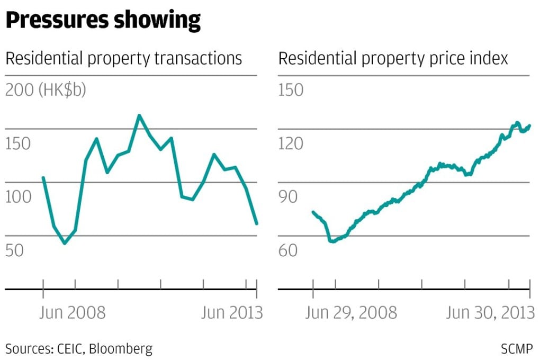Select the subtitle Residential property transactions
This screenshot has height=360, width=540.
point(124,59)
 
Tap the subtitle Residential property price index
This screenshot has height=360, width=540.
point(393,59)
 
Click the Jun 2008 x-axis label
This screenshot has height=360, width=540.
point(73,312)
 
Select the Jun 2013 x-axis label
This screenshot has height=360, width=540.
point(232,312)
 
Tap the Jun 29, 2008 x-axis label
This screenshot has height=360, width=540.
point(350,312)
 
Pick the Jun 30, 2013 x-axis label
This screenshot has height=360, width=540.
point(490,312)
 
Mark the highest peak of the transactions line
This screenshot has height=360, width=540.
point(139,115)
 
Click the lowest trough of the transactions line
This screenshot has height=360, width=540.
point(65,243)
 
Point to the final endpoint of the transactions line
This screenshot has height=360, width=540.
point(257,223)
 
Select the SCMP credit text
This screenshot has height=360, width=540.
point(517,349)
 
